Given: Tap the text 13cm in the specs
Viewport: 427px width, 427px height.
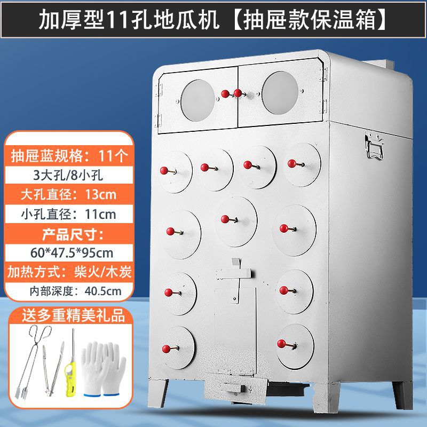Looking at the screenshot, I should point(101,193).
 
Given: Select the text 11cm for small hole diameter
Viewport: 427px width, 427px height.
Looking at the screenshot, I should point(101,214).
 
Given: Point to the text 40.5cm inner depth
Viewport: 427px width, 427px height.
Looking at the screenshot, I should point(102,291).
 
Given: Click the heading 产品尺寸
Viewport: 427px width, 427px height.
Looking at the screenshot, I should point(68,233).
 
